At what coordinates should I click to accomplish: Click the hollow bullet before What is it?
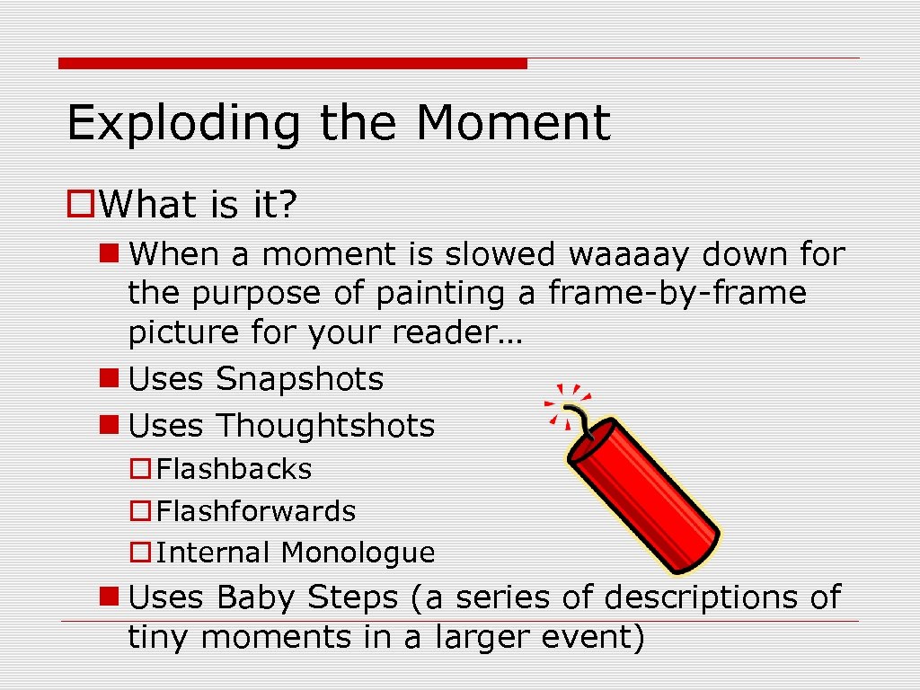point(81,206)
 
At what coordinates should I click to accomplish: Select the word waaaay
point(629,255)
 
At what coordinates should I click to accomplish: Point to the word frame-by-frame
point(677,294)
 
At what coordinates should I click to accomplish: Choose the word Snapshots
point(299,379)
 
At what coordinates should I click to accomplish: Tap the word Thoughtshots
point(325,426)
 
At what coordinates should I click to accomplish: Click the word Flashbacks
point(234,469)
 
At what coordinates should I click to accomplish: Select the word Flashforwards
point(256,511)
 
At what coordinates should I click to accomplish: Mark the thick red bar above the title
point(292,64)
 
